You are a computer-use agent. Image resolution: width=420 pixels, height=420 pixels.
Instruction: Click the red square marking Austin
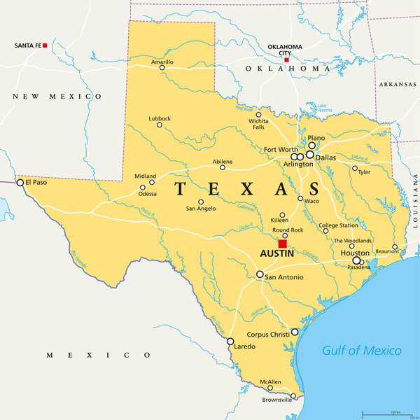pos(283,244)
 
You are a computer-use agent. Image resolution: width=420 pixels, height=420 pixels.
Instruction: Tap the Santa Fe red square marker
pos(45,45)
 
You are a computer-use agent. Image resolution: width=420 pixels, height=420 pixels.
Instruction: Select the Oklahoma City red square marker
pos(286,60)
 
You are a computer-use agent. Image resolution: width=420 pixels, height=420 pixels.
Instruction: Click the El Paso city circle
pos(20,183)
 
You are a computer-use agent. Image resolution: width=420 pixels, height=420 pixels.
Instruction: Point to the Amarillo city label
pos(162,62)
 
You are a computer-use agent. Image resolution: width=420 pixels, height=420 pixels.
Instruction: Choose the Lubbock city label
pos(159,118)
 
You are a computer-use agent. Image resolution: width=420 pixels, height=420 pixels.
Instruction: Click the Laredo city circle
pos(230,342)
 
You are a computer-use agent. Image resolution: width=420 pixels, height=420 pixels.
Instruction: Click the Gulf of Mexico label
pos(362,351)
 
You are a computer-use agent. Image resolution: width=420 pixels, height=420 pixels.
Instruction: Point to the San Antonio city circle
pos(260,274)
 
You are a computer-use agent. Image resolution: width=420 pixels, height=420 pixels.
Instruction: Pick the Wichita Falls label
pos(258,124)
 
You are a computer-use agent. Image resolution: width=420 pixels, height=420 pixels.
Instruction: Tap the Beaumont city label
pos(386,251)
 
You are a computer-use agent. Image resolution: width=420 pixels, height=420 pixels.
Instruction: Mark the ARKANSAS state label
pos(398,84)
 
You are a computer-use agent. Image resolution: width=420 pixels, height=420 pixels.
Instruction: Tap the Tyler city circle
pos(355,168)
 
